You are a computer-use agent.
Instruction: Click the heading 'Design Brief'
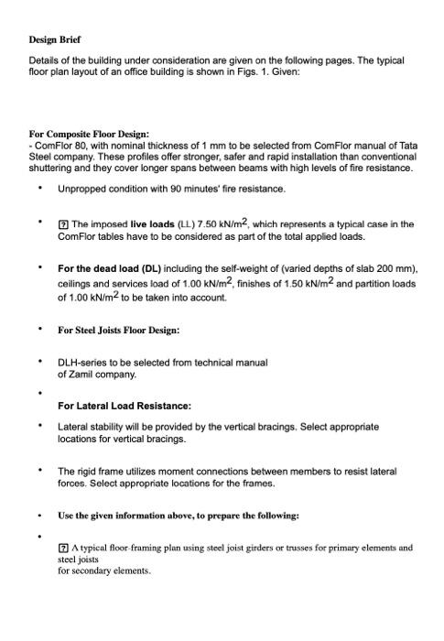click(55, 40)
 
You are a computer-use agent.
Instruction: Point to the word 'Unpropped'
click(83, 189)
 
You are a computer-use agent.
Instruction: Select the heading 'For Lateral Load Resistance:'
click(125, 405)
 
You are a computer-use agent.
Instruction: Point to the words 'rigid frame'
click(100, 471)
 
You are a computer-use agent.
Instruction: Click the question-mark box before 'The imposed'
click(63, 224)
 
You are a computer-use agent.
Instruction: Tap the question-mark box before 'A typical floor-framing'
click(63, 548)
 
